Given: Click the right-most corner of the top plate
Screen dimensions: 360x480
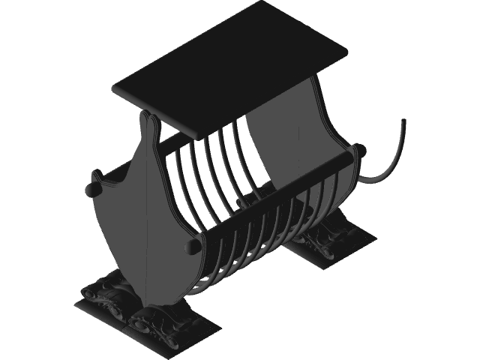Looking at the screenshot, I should (x=349, y=52).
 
